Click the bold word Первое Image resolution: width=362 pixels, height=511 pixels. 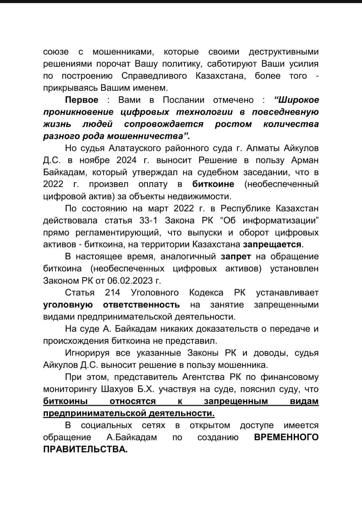82,100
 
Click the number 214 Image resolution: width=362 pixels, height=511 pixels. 113,293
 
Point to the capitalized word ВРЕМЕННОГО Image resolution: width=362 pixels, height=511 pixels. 286,437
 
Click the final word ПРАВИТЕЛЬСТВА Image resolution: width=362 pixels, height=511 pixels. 86,449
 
